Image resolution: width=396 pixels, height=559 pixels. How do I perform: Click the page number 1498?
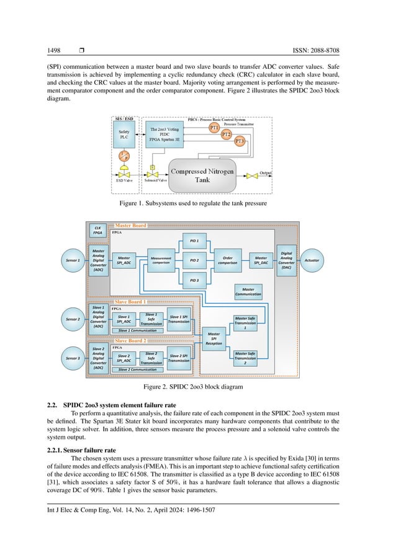click(x=54, y=50)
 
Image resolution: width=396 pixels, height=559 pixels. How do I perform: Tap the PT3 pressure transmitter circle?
click(x=240, y=142)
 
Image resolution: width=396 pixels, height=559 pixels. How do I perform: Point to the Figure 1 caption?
click(x=197, y=202)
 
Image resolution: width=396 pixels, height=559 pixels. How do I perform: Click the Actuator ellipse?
click(x=312, y=260)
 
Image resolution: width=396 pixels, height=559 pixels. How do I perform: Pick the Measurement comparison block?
click(x=161, y=260)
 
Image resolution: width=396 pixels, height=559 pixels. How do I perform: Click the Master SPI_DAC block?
click(x=261, y=260)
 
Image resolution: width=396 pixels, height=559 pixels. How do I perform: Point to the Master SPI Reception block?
click(x=214, y=338)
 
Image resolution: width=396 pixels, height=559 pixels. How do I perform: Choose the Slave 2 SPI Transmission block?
click(x=179, y=358)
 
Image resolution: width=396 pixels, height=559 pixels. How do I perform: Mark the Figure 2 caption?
click(x=197, y=387)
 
